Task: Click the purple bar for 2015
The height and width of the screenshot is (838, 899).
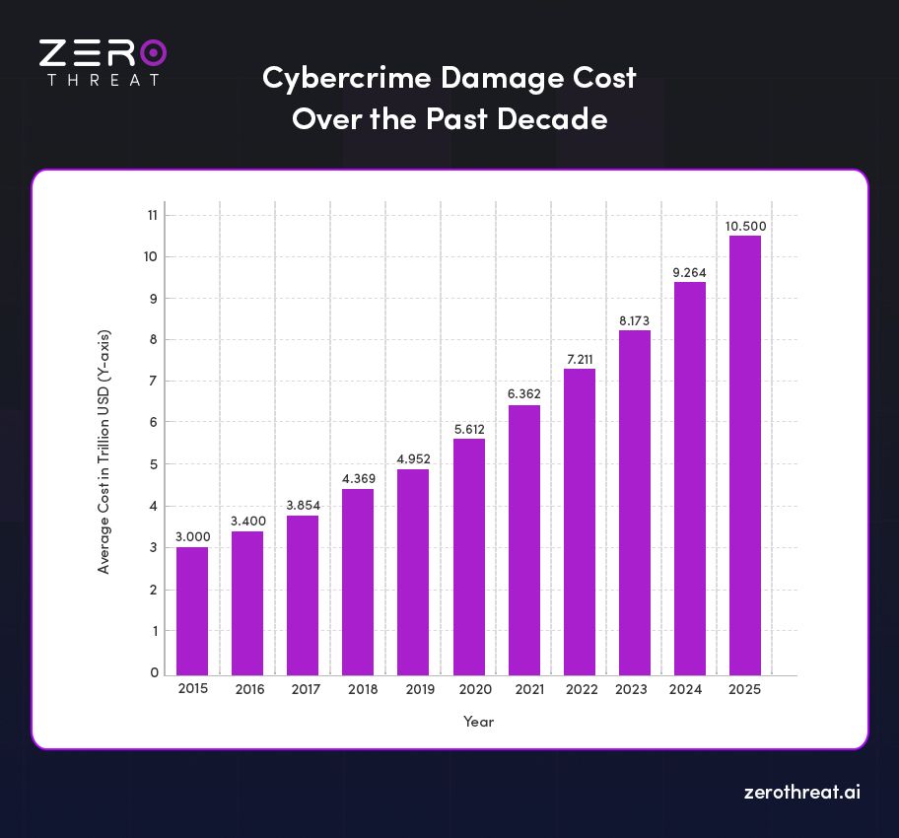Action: [192, 610]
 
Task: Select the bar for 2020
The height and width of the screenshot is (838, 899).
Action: [468, 556]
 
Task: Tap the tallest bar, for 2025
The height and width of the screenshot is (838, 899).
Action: [744, 454]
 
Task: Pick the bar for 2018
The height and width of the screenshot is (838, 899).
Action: [358, 582]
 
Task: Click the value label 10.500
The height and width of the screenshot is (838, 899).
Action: [745, 226]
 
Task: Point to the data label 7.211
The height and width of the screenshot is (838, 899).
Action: [580, 359]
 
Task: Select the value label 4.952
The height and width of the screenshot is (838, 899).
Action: [413, 458]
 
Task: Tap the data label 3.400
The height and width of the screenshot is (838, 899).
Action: [247, 521]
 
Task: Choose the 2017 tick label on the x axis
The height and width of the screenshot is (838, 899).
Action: [306, 689]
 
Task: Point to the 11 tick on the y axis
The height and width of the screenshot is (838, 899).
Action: [153, 215]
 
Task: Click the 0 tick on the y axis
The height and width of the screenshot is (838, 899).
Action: [154, 672]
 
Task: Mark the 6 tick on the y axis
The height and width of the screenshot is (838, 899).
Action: [154, 423]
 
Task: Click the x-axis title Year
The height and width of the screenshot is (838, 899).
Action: [478, 722]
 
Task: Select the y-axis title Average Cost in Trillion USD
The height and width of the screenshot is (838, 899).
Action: [104, 452]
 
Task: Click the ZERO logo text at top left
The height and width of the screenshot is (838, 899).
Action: [103, 52]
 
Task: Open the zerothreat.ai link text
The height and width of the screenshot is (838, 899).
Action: [800, 792]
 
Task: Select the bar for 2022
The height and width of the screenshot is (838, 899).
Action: [579, 522]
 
